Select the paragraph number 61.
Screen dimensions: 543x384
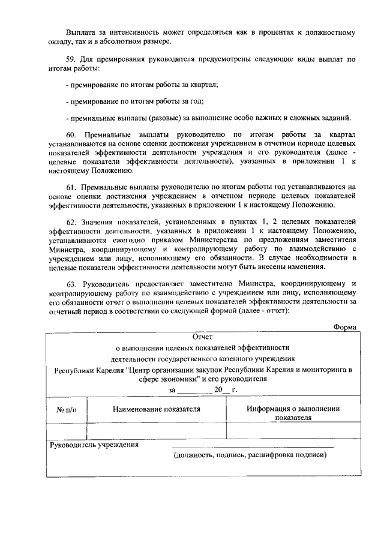71,187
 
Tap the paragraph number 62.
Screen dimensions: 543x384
71,221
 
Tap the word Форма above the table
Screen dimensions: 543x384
345,326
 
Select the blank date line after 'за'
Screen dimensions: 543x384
194,390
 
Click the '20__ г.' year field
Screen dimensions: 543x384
221,390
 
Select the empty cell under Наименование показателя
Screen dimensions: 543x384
156,431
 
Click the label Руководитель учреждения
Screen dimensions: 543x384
94,445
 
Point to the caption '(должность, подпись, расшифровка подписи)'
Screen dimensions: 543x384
250,456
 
